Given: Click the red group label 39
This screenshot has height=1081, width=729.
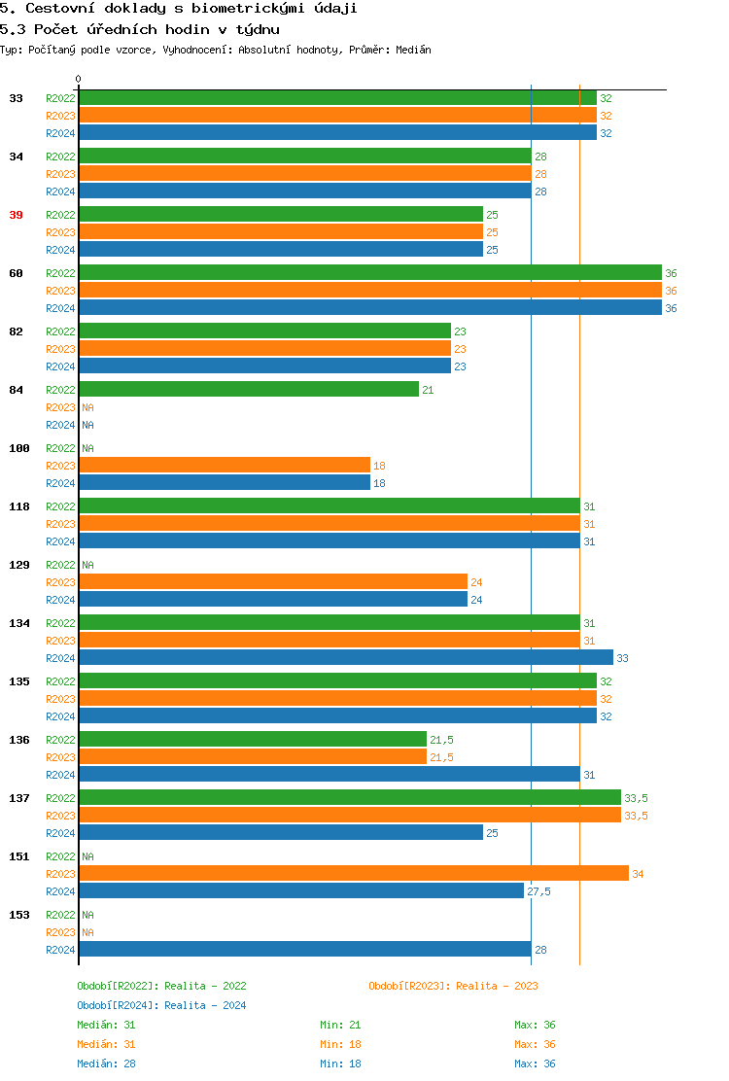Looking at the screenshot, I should click(16, 215).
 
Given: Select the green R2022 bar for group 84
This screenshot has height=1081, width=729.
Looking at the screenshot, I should click(248, 389).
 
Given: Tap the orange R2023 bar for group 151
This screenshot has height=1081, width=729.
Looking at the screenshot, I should click(353, 873).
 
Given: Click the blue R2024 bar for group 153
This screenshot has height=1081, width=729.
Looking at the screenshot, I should click(304, 949).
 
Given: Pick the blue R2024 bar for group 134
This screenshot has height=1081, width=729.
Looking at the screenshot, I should click(345, 657).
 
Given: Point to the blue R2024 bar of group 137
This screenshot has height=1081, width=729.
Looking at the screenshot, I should click(280, 832).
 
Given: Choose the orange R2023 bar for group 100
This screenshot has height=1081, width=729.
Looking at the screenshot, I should click(224, 465).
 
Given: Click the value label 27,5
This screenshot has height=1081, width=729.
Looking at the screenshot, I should click(538, 891).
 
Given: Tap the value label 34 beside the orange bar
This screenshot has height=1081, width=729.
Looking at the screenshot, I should click(638, 874).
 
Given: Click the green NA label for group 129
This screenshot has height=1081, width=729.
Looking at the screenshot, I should click(87, 565).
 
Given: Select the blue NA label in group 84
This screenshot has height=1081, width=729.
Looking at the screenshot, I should click(87, 425).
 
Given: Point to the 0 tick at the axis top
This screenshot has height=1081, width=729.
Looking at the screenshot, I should click(79, 80).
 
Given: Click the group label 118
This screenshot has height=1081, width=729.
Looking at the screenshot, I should click(19, 506).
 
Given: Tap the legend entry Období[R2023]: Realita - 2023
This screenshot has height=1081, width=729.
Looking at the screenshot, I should click(453, 986).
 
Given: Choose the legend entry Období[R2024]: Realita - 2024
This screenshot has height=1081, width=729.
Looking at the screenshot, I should click(161, 1005).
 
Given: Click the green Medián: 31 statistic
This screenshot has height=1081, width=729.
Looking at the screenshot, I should click(106, 1025).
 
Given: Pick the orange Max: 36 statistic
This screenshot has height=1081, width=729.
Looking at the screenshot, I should click(535, 1044).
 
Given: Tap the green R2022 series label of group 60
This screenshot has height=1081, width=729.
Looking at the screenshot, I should click(60, 273).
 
